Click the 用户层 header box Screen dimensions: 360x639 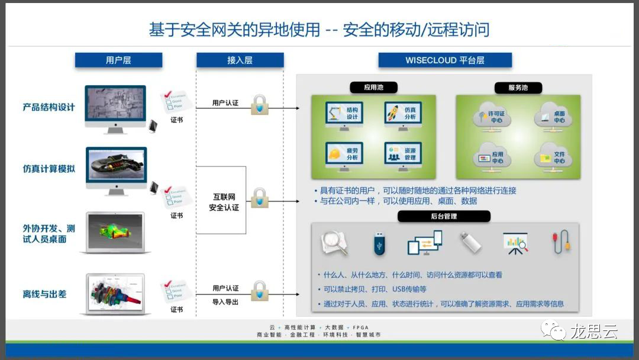118,60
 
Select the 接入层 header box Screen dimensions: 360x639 240,60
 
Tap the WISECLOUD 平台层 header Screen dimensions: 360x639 444,60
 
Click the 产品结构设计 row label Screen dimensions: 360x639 49,107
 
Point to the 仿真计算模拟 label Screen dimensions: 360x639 49,169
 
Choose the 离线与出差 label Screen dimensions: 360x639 44,294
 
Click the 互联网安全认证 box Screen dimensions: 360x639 221,200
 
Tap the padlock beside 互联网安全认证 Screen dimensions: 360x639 259,198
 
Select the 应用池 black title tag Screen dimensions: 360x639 373,88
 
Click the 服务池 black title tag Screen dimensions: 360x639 518,88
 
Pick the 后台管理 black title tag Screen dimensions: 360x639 444,216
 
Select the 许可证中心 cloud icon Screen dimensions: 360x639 492,116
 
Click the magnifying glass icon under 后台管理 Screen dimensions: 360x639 334,243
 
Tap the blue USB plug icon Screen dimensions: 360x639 379,243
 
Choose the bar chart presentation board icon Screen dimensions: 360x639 515,243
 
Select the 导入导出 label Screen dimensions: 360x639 225,301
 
